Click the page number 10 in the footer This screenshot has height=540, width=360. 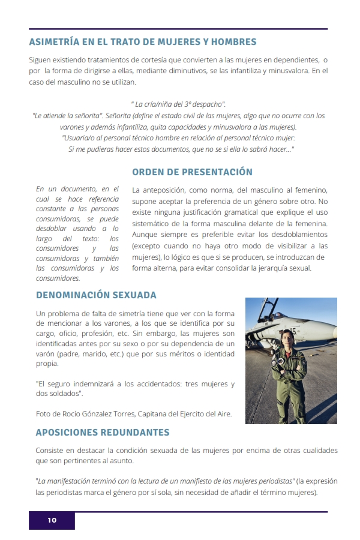click(x=52, y=520)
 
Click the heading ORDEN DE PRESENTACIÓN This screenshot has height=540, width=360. click(x=192, y=172)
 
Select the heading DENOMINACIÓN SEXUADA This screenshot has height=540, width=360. click(x=96, y=295)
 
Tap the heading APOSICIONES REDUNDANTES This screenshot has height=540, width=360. click(x=103, y=432)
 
